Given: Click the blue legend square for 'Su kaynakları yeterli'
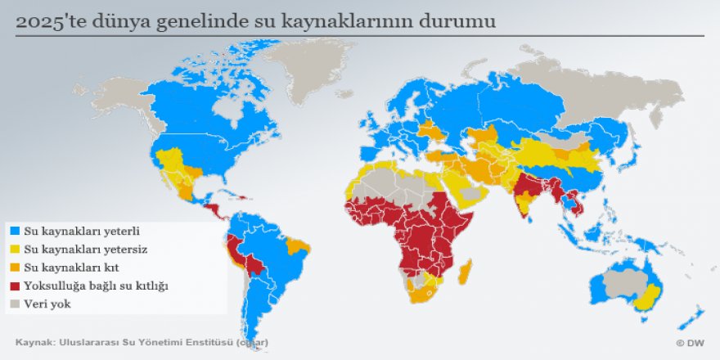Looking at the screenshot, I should pos(14,232).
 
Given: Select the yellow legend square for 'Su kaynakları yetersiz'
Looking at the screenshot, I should pos(14,250).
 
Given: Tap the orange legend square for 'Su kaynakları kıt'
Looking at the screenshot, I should pos(14,268).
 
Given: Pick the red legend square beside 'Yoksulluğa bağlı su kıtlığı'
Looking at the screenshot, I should pos(14,286).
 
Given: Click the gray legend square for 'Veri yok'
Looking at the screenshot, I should pos(14,304).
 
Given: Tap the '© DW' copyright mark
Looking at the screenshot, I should pos(691,342).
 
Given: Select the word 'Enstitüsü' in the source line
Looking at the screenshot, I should pos(208,342).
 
